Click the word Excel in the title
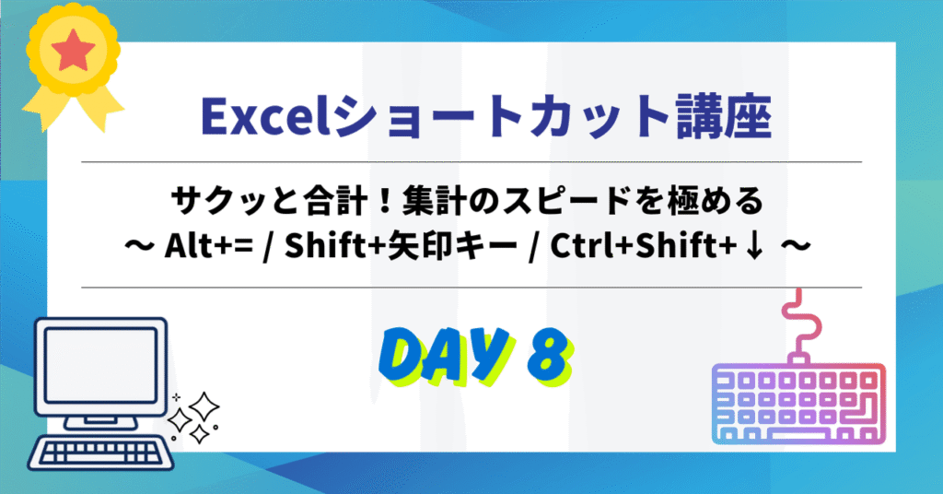click(x=266, y=117)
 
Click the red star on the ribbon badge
click(x=73, y=51)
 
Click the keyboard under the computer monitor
click(x=100, y=452)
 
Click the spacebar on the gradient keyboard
click(x=798, y=434)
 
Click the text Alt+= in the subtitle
click(x=209, y=245)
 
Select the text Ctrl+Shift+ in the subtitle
click(x=645, y=245)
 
